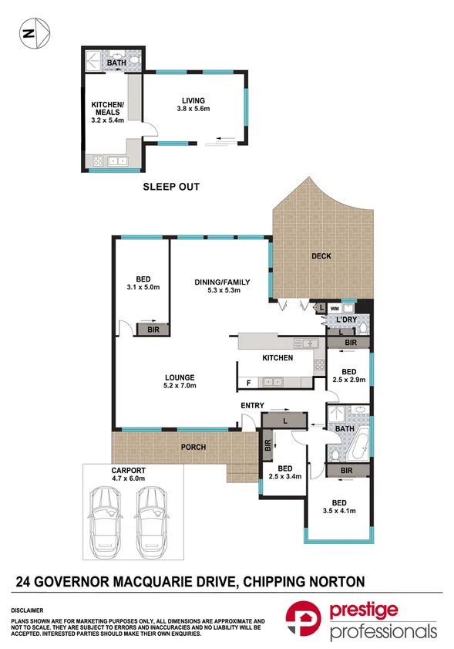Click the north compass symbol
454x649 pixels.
click(x=35, y=33)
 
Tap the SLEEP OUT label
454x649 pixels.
click(x=171, y=187)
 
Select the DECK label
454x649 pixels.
click(x=321, y=256)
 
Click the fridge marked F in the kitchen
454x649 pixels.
click(x=248, y=383)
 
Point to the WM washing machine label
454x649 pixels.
click(x=335, y=309)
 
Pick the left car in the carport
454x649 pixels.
click(x=106, y=522)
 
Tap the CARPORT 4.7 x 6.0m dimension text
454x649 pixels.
click(x=128, y=475)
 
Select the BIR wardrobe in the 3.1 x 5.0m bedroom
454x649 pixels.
click(x=153, y=330)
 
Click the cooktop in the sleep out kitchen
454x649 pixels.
click(x=98, y=161)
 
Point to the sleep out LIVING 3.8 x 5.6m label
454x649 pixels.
click(x=193, y=104)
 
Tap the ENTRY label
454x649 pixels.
click(x=252, y=406)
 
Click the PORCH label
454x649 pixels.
click(x=193, y=447)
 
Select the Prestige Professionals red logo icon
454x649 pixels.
click(x=303, y=618)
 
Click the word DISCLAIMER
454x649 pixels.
click(x=27, y=610)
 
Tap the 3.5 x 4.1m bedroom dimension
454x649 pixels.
click(x=339, y=511)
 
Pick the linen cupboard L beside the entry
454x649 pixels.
click(x=285, y=421)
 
